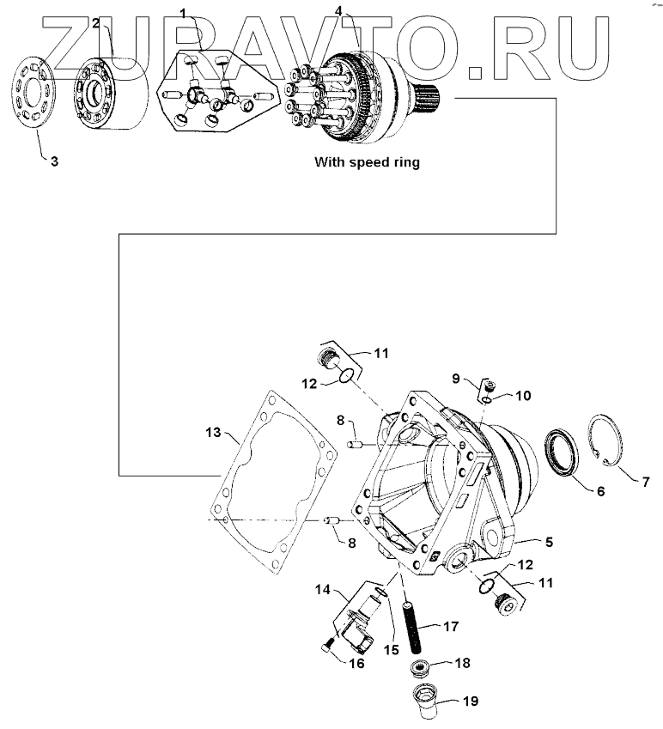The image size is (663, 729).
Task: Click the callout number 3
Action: (x=53, y=161)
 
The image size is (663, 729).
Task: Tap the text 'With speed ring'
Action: (x=367, y=161)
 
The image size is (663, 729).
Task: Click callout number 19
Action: (x=470, y=702)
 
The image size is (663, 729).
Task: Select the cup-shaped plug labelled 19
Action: (x=426, y=700)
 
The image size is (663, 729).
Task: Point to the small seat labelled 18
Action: (x=421, y=667)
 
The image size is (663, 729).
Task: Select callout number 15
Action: (x=392, y=650)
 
